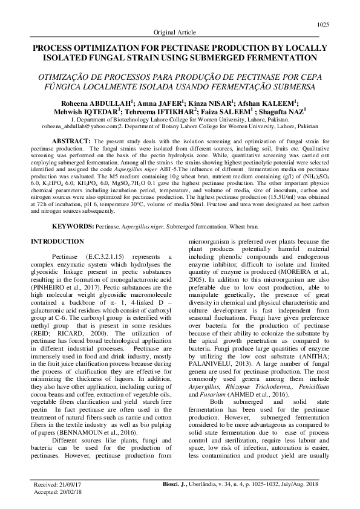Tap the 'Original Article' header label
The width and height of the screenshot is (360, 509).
180,32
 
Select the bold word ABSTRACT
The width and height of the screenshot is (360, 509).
72,141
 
